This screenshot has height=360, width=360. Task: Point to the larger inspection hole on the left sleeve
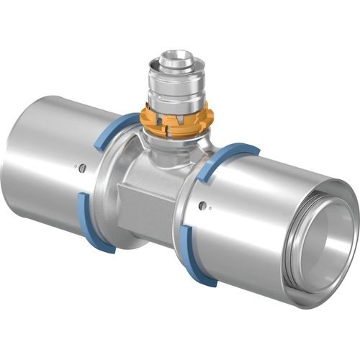[83, 168]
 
